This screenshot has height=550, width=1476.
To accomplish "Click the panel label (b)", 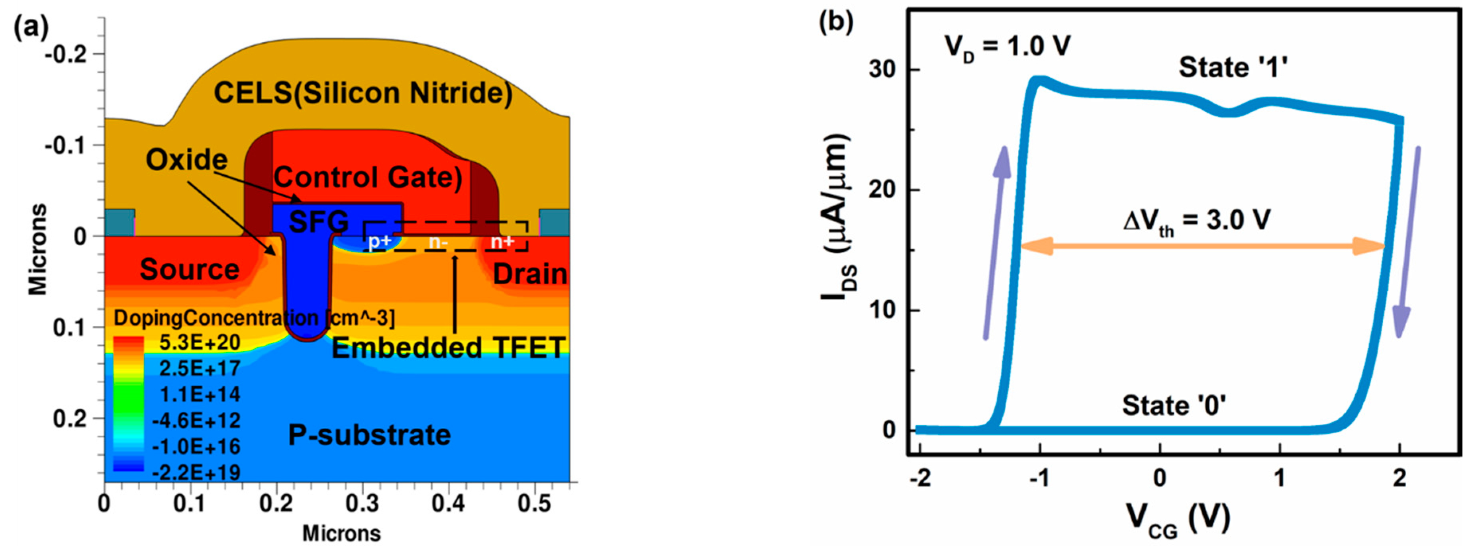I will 836,22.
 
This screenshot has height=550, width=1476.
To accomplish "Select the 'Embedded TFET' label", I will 449,348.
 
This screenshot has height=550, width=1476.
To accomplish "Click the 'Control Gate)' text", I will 368,177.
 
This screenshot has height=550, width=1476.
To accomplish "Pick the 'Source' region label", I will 190,269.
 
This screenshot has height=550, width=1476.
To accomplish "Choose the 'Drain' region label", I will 530,274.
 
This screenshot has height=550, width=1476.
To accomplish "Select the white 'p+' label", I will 379,242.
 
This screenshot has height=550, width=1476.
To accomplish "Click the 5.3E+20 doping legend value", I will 200,342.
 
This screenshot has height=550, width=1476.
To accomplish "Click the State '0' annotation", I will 1174,405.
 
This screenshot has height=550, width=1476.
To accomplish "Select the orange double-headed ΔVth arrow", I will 1202,247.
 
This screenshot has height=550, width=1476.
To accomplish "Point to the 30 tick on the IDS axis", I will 882,69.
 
